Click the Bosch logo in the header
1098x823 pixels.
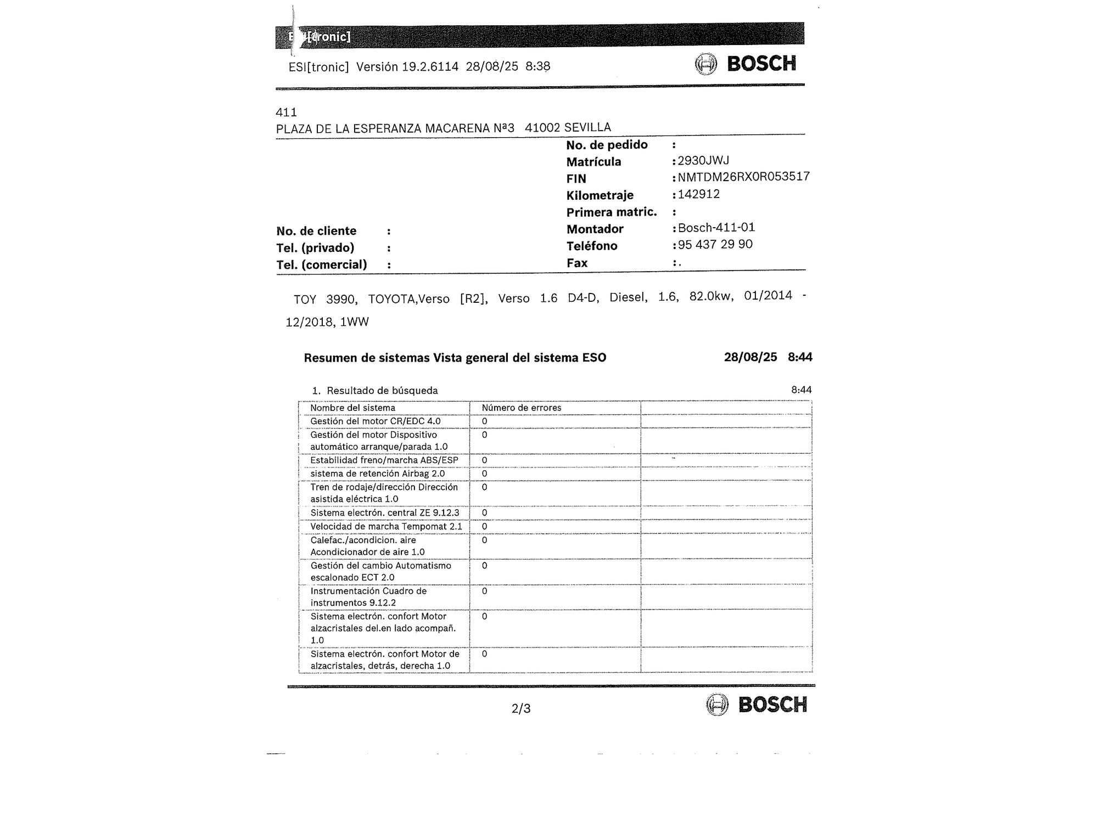[x=746, y=64]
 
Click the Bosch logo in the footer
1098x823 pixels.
[x=757, y=704]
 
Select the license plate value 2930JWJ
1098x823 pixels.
[x=703, y=161]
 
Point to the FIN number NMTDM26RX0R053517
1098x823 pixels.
[x=743, y=177]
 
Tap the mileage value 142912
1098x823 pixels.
[x=698, y=194]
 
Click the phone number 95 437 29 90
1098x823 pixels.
[x=715, y=245]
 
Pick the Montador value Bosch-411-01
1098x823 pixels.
[x=716, y=228]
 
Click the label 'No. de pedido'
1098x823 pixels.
[x=607, y=145]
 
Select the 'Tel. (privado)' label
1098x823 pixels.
[x=315, y=248]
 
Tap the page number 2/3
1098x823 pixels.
[x=521, y=709]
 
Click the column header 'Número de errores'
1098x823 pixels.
[x=521, y=408]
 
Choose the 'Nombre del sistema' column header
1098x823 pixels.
[x=352, y=408]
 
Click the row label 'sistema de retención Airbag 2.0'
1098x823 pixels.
[x=377, y=473]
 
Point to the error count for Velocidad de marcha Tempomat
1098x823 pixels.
[x=484, y=527]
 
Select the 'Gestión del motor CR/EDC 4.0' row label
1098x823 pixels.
[x=375, y=421]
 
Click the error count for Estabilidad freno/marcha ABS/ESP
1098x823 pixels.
[x=484, y=460]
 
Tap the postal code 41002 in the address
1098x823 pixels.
[x=542, y=128]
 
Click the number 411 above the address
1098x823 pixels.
[x=286, y=112]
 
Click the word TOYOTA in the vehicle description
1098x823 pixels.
[x=391, y=299]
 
